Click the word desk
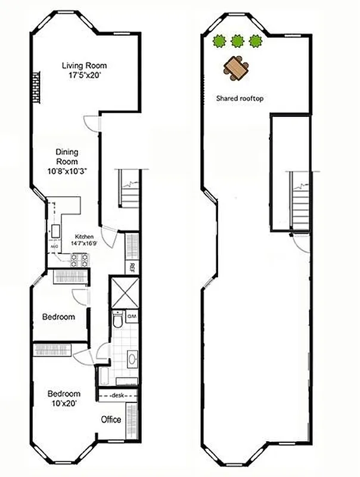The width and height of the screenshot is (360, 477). click(118, 395)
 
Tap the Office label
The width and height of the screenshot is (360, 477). click(111, 420)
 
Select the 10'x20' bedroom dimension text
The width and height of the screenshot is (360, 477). click(64, 404)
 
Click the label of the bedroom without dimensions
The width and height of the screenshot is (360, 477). click(58, 317)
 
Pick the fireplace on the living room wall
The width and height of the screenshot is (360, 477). click(36, 86)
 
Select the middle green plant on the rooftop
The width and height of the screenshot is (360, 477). click(238, 41)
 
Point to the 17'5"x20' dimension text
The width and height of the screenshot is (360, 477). click(84, 76)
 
